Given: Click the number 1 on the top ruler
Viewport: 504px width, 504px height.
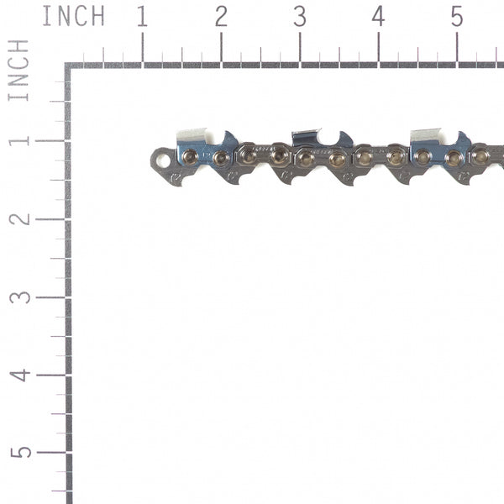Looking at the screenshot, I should point(142,16).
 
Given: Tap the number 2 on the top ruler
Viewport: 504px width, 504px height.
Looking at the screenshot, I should point(221,16).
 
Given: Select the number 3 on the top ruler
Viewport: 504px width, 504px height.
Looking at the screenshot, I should point(300,16).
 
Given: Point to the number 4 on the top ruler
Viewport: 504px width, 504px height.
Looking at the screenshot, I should point(378,16).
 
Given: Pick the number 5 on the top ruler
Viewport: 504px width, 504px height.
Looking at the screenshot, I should point(456,16).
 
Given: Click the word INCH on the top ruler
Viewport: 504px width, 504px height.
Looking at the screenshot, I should point(73,16).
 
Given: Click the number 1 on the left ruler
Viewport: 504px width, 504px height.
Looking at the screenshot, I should point(18,140).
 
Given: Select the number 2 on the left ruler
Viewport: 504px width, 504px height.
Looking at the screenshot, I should point(18,218).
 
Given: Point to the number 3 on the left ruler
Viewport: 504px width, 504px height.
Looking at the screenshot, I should point(18,297).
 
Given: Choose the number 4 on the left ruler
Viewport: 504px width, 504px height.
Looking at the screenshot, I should point(18,375).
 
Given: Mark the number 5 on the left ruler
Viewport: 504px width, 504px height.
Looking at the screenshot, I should point(18,452).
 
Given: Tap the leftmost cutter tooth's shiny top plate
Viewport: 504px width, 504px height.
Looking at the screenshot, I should point(192,135).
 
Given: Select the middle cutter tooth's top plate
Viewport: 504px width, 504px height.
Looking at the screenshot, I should point(306,135).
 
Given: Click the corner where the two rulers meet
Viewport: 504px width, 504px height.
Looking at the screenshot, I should point(68,66).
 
